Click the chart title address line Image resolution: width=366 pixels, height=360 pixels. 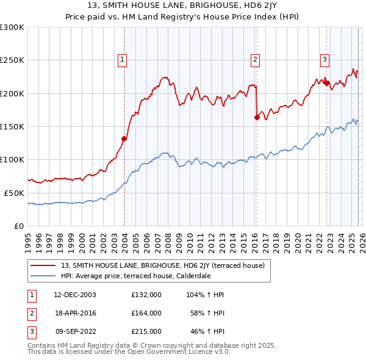(x=183, y=7)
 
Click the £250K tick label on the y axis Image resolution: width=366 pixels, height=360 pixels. (x=12, y=60)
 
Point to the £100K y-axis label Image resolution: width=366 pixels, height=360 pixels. (x=12, y=159)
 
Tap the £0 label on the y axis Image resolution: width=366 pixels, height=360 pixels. (x=18, y=226)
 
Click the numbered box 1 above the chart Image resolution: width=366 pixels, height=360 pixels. (x=123, y=59)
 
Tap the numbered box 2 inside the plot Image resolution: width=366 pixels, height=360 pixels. (x=254, y=59)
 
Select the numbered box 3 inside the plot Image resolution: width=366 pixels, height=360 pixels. (x=325, y=59)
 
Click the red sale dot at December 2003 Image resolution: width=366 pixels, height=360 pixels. (x=124, y=139)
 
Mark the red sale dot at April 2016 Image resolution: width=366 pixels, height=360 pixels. (x=257, y=118)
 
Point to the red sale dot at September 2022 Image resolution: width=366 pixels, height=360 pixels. (x=326, y=84)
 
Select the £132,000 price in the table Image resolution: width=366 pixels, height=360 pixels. (x=146, y=295)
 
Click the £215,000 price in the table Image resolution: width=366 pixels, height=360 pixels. (x=146, y=331)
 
